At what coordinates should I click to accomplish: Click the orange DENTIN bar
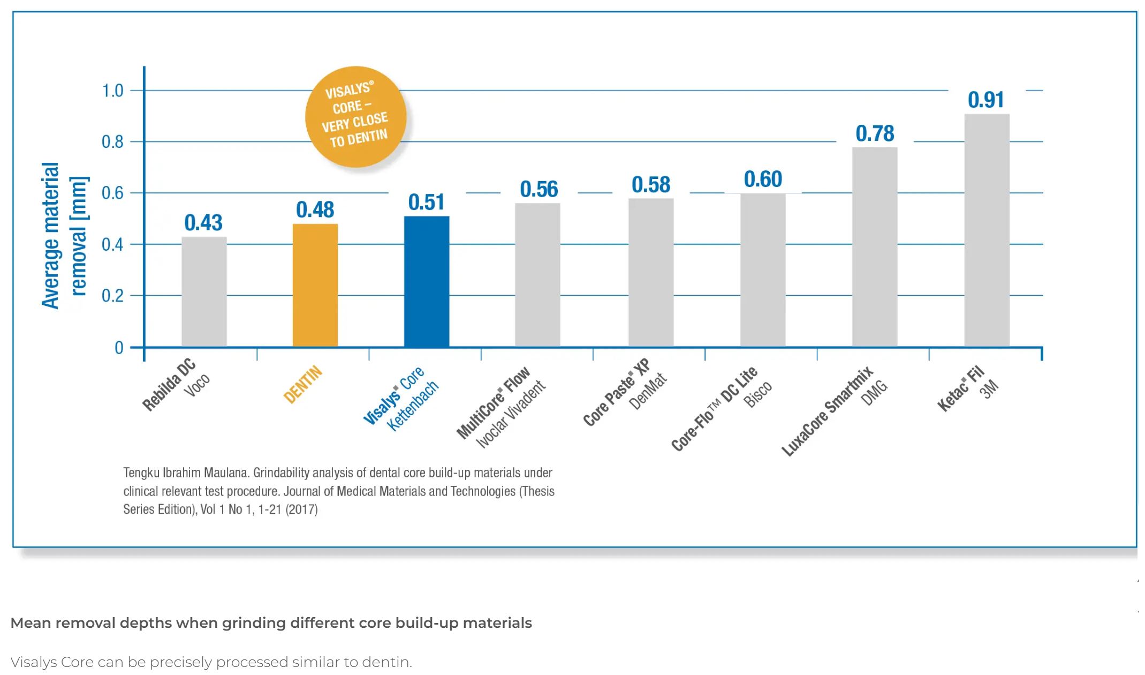tap(315, 285)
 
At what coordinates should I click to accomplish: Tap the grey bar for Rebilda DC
tap(204, 292)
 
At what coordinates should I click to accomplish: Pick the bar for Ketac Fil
tap(987, 230)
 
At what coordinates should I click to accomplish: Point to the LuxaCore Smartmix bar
tap(874, 247)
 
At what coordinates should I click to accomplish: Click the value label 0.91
tap(985, 100)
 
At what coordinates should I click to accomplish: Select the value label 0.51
tap(426, 202)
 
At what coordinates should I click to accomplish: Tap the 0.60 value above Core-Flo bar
tap(763, 179)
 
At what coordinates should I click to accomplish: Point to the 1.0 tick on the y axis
tap(112, 91)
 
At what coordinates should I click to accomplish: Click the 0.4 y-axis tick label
tap(112, 245)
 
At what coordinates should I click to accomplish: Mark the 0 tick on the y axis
tap(119, 348)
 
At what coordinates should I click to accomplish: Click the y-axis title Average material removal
tap(64, 236)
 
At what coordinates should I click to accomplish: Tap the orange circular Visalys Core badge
tap(355, 116)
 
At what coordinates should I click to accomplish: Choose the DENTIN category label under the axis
tap(303, 384)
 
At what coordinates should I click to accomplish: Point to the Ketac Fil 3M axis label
tap(967, 388)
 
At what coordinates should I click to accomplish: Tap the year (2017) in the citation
tap(301, 509)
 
